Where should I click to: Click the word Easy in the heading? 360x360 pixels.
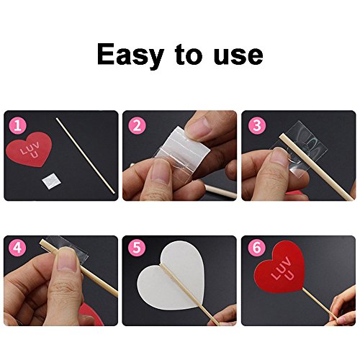(x=130, y=55)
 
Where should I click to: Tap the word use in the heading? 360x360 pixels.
(x=238, y=55)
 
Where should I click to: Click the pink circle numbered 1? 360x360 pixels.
(x=17, y=125)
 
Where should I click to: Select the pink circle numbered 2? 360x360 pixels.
(x=137, y=125)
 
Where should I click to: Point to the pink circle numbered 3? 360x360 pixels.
(x=257, y=125)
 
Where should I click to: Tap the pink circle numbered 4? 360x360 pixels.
(x=17, y=247)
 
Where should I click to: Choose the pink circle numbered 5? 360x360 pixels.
(x=137, y=247)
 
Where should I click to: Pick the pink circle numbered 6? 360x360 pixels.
(x=257, y=247)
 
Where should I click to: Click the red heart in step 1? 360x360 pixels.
(x=30, y=149)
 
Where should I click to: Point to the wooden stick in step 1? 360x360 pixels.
(x=86, y=156)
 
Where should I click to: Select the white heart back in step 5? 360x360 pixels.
(x=171, y=276)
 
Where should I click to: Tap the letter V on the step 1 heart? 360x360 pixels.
(x=37, y=145)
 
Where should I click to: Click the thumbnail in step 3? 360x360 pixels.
(x=279, y=156)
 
